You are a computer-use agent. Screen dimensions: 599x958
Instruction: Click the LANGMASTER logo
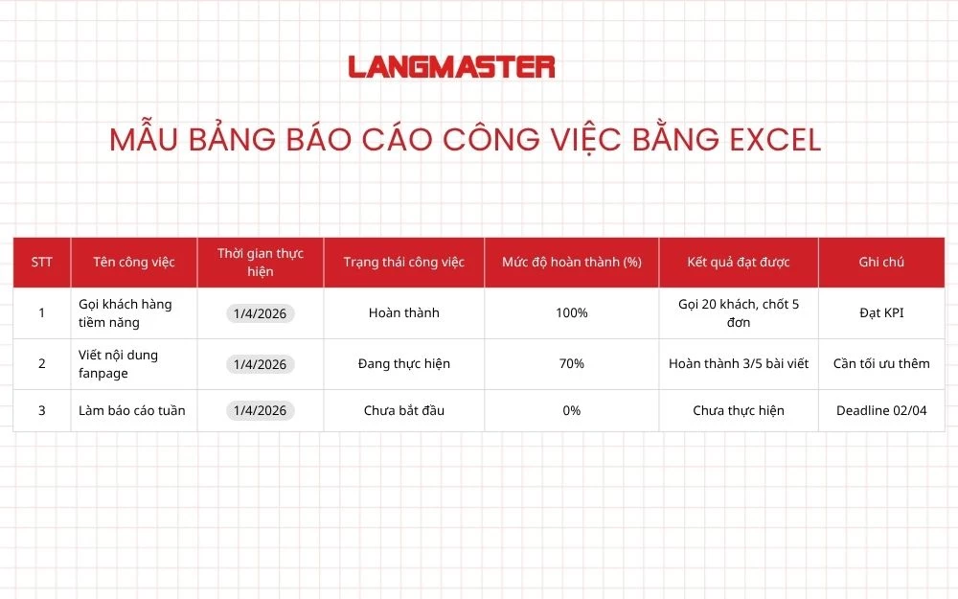click(451, 67)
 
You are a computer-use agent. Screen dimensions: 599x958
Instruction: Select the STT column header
click(41, 262)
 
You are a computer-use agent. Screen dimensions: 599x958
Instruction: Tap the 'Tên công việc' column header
click(133, 262)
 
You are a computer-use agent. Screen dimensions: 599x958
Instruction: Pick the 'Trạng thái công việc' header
click(403, 262)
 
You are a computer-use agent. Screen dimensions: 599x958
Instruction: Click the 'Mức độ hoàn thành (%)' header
click(571, 262)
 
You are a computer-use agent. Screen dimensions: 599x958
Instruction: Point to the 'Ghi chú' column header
click(881, 262)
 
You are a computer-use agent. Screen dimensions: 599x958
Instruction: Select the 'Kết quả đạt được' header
click(738, 262)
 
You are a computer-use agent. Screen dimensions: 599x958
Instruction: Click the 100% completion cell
click(571, 312)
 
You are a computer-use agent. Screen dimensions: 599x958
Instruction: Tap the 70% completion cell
click(571, 364)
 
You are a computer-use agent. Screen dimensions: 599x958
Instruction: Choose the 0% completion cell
click(571, 410)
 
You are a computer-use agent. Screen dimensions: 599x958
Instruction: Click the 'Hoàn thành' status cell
click(403, 312)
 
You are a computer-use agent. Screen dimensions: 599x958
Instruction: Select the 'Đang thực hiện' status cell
click(403, 364)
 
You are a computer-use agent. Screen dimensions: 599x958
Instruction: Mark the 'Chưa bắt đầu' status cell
click(403, 410)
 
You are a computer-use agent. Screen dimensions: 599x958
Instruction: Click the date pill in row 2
click(260, 364)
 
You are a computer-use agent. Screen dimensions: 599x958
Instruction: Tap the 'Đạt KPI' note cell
click(881, 312)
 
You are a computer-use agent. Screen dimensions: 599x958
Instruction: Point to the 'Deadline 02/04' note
click(881, 410)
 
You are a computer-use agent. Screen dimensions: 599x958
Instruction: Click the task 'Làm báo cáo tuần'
click(131, 410)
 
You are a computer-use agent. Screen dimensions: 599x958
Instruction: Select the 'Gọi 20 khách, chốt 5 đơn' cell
click(738, 312)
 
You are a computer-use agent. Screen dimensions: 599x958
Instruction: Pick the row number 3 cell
click(41, 410)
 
